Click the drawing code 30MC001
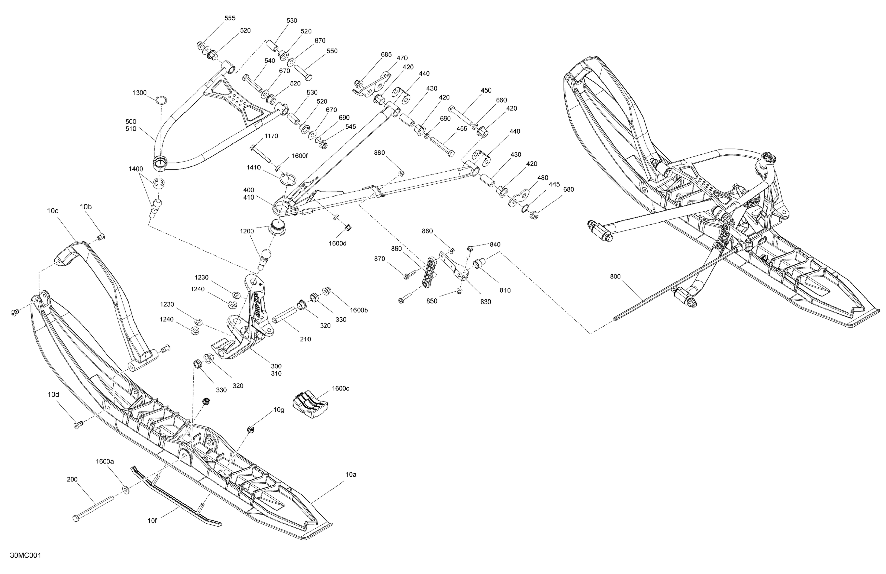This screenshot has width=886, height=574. [x=25, y=556]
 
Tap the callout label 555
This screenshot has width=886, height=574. [x=230, y=18]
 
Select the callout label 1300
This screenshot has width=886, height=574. [x=140, y=93]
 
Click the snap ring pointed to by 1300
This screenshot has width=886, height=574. [x=162, y=100]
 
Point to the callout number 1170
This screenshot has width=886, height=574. [x=271, y=136]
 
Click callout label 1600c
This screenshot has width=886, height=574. [x=340, y=388]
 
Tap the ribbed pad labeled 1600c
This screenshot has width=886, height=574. [x=311, y=405]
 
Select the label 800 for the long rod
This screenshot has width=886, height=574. [x=615, y=277]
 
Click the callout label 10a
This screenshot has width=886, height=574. [x=351, y=475]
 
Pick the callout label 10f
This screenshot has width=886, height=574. [x=152, y=521]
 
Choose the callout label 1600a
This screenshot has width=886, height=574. [x=105, y=461]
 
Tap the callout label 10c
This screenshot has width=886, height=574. [x=53, y=211]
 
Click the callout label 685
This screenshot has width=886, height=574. [x=386, y=55]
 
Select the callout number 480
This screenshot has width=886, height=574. [x=543, y=178]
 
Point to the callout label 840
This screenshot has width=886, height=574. [x=495, y=244]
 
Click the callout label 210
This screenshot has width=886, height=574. [x=305, y=339]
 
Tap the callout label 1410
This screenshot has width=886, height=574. [x=253, y=168]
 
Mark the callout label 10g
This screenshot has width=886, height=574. [x=279, y=410]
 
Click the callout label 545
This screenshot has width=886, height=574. [x=351, y=127]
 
